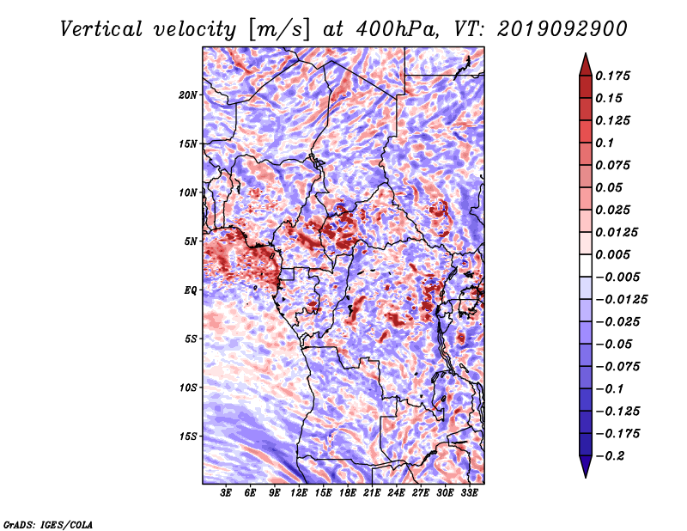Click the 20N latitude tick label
(x=188, y=95)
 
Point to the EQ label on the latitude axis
(x=191, y=290)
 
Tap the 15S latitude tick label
(x=188, y=436)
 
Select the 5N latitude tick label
(x=191, y=241)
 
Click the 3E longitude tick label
(x=226, y=492)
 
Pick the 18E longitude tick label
(x=347, y=492)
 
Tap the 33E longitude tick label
(x=469, y=492)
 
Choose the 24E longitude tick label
(x=396, y=492)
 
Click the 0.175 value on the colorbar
(x=612, y=76)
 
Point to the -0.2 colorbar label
(x=610, y=456)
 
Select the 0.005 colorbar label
(x=612, y=254)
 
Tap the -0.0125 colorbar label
(x=621, y=300)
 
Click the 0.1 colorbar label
(x=605, y=143)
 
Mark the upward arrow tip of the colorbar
(x=586, y=53)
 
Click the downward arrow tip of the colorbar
(x=586, y=477)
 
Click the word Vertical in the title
(x=100, y=29)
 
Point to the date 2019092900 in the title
(x=562, y=29)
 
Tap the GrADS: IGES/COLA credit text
(x=48, y=524)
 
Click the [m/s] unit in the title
(x=279, y=29)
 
